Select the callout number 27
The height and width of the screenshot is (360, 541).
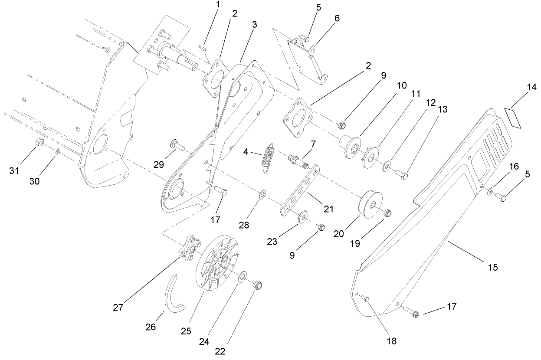tap(118, 308)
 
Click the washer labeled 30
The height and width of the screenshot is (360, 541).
tap(58, 151)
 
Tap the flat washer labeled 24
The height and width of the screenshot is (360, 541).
tap(242, 276)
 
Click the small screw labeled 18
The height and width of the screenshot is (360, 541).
tap(364, 298)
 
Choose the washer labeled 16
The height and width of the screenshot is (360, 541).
tap(490, 191)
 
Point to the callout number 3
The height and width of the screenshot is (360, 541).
tap(254, 24)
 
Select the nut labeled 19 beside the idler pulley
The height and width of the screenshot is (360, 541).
tap(388, 213)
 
